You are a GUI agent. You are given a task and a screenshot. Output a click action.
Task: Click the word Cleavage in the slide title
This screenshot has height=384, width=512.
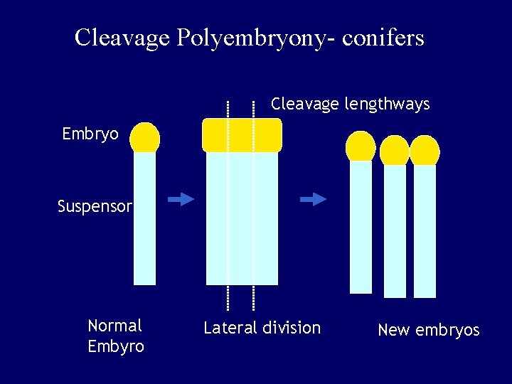click(x=122, y=37)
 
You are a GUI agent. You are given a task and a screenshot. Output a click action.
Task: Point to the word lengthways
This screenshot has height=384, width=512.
click(x=387, y=105)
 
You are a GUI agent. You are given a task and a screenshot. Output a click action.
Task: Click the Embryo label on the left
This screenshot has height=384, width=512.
click(x=90, y=134)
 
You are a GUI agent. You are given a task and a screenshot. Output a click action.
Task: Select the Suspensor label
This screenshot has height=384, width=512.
click(x=95, y=207)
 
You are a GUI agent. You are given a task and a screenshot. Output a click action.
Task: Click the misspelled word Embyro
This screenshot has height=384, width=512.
click(x=115, y=347)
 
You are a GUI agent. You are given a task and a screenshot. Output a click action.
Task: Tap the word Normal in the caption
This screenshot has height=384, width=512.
click(x=114, y=326)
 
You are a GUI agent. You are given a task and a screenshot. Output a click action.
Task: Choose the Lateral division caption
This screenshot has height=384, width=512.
click(x=262, y=328)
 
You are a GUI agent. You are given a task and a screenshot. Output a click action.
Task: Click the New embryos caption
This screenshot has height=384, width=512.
click(x=428, y=330)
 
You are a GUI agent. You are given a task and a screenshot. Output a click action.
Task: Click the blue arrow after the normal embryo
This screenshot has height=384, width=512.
click(x=181, y=199)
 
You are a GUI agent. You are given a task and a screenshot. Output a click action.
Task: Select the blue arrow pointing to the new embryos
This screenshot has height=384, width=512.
click(x=313, y=199)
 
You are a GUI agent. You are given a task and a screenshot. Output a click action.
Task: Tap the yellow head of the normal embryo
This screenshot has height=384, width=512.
click(x=145, y=138)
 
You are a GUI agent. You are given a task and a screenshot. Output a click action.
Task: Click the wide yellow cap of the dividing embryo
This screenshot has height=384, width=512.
click(x=242, y=135)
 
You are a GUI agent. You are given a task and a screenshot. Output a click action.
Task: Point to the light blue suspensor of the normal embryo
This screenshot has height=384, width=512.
click(x=144, y=220)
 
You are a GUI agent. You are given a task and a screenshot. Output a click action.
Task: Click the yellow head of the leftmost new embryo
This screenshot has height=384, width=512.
click(x=361, y=146)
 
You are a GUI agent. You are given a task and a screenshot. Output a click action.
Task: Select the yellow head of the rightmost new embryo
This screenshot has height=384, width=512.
click(x=425, y=151)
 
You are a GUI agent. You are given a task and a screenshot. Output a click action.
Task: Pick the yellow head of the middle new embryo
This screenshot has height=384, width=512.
click(x=395, y=151)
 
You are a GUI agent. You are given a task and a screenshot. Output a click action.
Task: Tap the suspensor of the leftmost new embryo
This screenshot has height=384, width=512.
click(x=361, y=228)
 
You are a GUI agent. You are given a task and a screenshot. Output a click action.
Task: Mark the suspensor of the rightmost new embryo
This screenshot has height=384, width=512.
click(x=425, y=231)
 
